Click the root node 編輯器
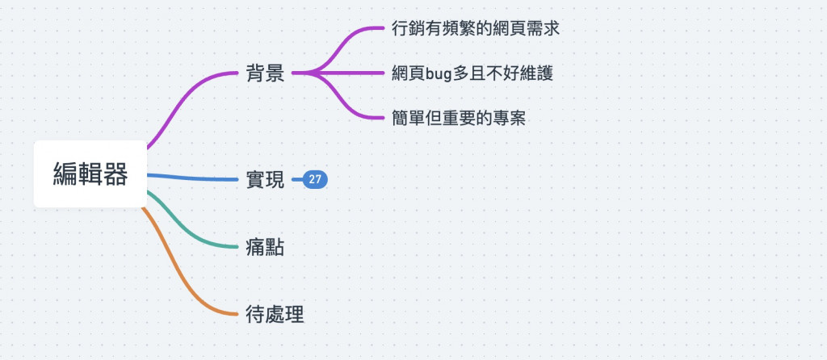click(x=90, y=174)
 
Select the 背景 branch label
click(x=265, y=73)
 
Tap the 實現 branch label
click(x=265, y=180)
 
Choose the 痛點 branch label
click(x=265, y=247)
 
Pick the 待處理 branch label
click(x=275, y=314)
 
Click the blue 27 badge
click(x=315, y=180)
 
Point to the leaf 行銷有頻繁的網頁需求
click(x=475, y=28)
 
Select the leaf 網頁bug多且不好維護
click(x=472, y=73)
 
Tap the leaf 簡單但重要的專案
click(x=458, y=119)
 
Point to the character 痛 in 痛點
click(x=255, y=247)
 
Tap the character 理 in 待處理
click(x=294, y=314)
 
